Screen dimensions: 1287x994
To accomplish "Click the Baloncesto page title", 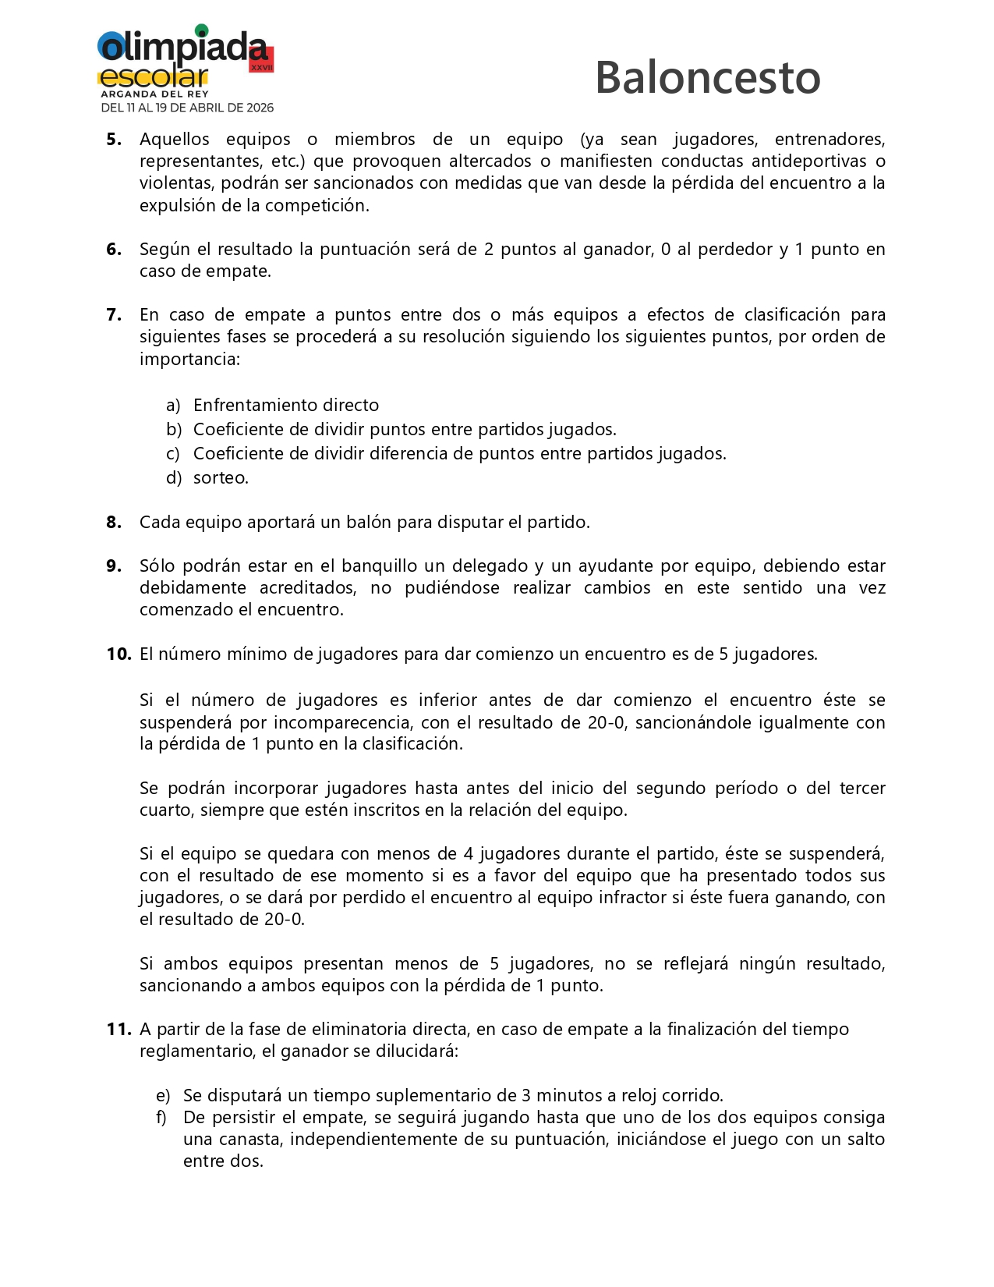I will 707,78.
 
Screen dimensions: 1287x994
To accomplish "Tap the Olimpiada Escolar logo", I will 186,61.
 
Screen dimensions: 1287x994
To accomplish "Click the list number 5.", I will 114,140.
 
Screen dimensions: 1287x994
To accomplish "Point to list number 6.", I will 114,250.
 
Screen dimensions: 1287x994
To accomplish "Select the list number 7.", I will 114,315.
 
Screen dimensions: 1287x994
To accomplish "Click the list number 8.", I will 114,523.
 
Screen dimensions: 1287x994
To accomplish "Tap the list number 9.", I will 114,566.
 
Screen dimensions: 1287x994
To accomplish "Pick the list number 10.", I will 119,654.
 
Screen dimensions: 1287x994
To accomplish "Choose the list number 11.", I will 119,1030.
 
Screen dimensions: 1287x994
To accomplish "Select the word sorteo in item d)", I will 221,478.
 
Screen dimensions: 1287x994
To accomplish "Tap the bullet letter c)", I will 172,454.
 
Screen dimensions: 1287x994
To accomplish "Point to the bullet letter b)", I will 173,430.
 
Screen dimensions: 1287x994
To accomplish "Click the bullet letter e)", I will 163,1096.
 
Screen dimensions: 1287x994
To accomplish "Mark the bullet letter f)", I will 161,1118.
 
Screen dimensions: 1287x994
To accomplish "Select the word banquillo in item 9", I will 380,566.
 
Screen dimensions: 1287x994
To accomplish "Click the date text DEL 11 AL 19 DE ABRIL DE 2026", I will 187,108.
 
